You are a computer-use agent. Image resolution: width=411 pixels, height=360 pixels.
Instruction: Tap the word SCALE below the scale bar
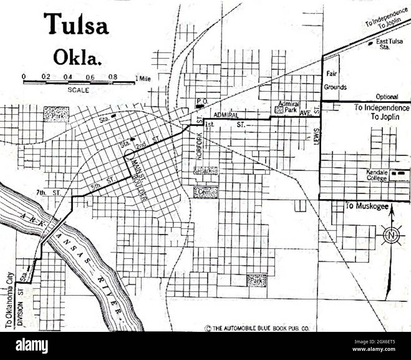(x=78, y=90)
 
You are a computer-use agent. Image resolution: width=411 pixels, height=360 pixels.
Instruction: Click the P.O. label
(x=200, y=101)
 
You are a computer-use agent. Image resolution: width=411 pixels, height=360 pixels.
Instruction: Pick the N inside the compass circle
(x=391, y=235)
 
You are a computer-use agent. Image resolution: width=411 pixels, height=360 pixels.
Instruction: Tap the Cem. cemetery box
(x=205, y=192)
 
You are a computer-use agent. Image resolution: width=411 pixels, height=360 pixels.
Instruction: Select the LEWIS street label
(x=318, y=137)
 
